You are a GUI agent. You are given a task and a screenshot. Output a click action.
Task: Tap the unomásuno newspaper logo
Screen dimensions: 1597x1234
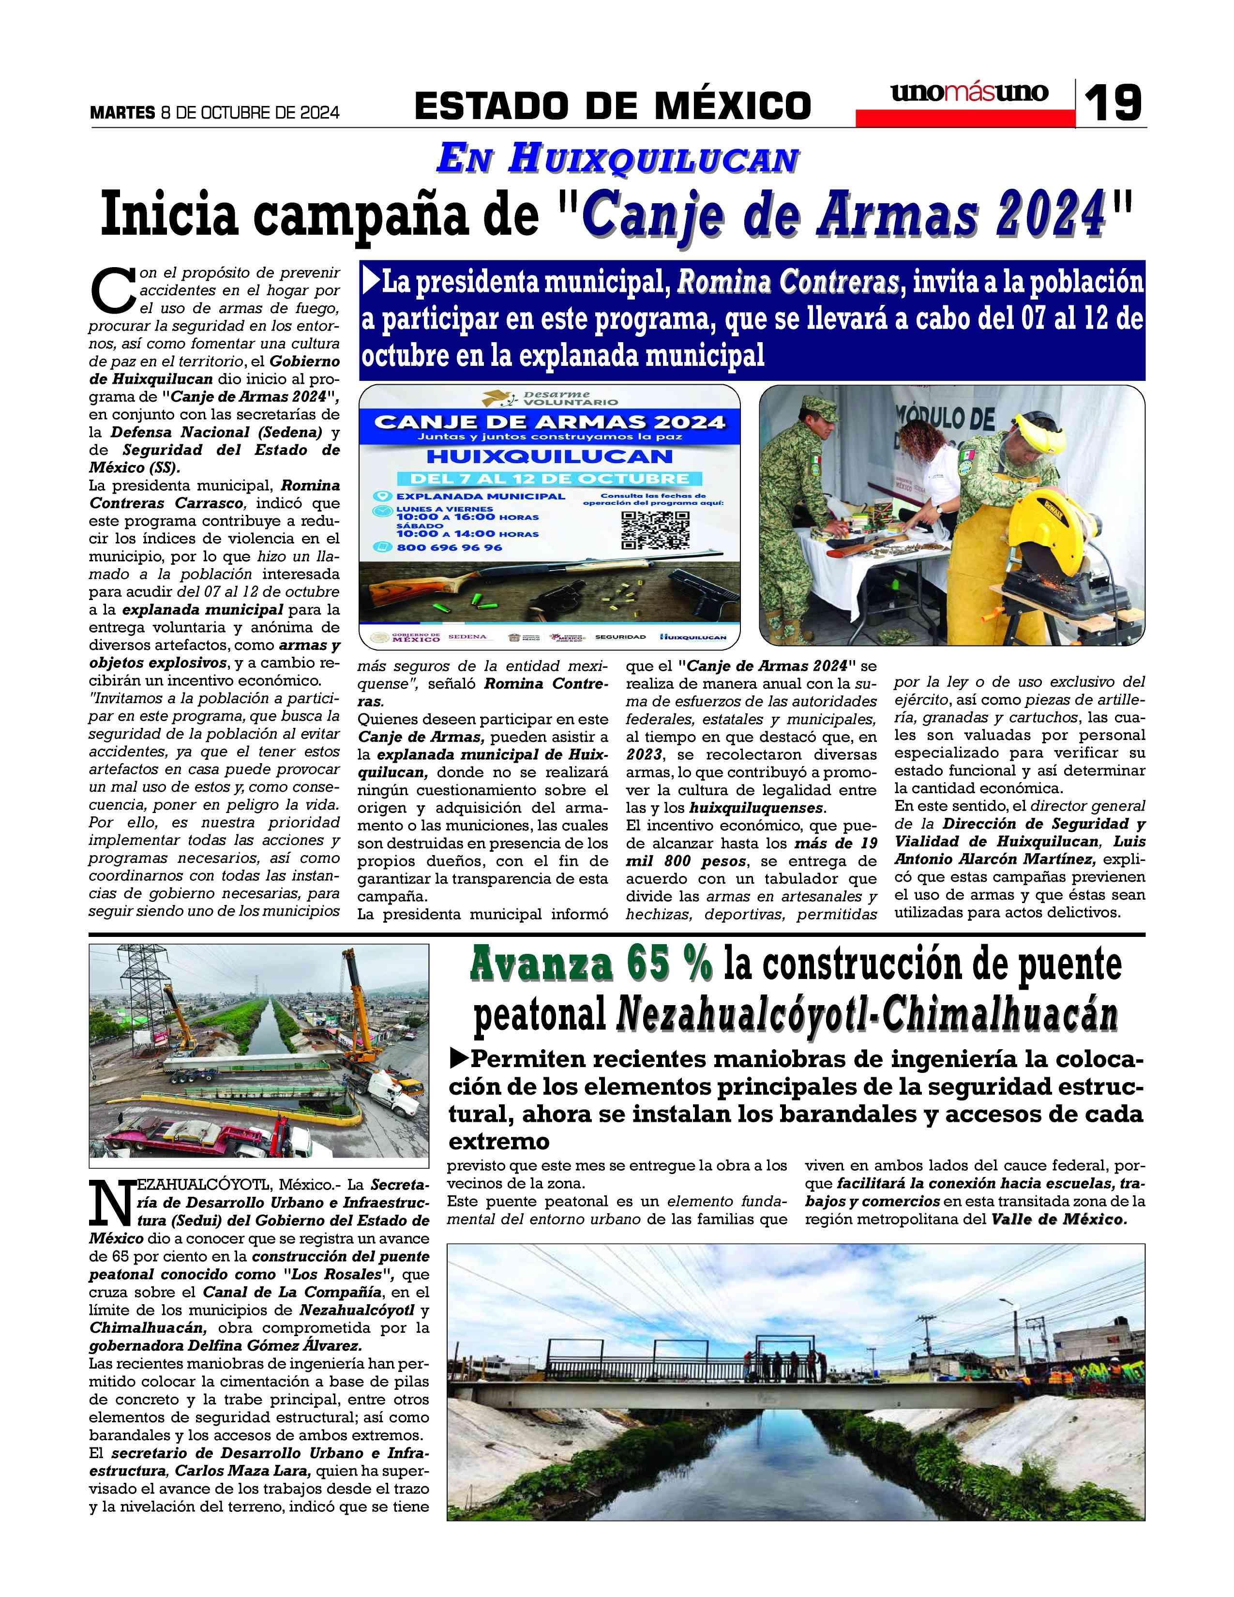click(969, 93)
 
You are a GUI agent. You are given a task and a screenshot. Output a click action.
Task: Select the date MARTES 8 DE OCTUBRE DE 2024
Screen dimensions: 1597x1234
click(214, 113)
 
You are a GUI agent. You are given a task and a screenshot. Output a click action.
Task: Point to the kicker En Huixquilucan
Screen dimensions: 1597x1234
click(616, 159)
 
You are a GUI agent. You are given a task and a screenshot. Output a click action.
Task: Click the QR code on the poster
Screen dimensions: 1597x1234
click(655, 529)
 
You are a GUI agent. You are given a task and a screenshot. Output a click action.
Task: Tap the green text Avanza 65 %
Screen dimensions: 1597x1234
click(591, 964)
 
